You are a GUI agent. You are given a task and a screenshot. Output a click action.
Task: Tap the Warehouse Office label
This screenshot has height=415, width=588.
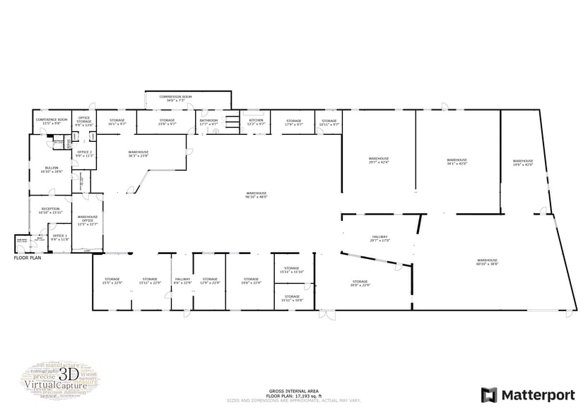point(88,219)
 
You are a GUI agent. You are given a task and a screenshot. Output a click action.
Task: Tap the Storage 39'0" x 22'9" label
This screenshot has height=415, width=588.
point(360,283)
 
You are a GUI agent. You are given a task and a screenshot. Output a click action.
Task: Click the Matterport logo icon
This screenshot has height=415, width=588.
point(488,395)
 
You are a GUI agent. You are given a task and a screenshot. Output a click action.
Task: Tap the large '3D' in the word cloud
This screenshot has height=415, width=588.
point(69,373)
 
